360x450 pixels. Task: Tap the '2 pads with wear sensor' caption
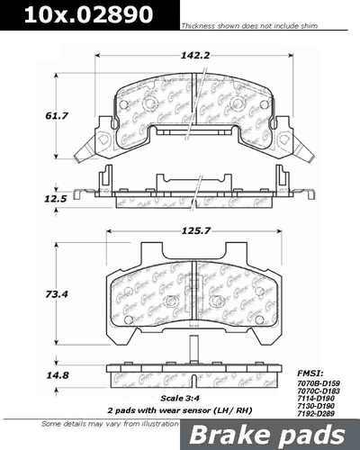click(x=180, y=410)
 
